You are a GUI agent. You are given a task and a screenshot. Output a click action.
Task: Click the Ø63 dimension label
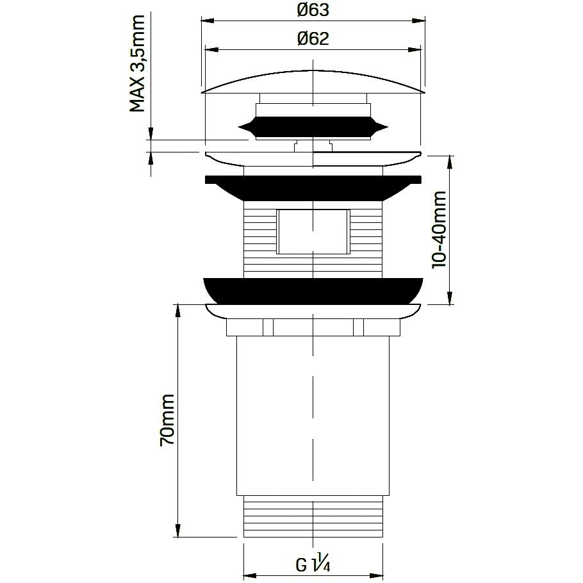point(313,10)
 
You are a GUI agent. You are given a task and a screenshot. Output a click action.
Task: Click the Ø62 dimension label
point(313,38)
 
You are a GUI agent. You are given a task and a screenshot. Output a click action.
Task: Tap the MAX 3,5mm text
point(137,63)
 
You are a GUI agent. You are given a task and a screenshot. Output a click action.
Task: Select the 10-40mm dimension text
point(439,229)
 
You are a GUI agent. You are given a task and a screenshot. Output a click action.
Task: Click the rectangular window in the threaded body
point(313,232)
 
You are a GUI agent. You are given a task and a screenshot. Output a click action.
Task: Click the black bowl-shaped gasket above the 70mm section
point(313,291)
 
